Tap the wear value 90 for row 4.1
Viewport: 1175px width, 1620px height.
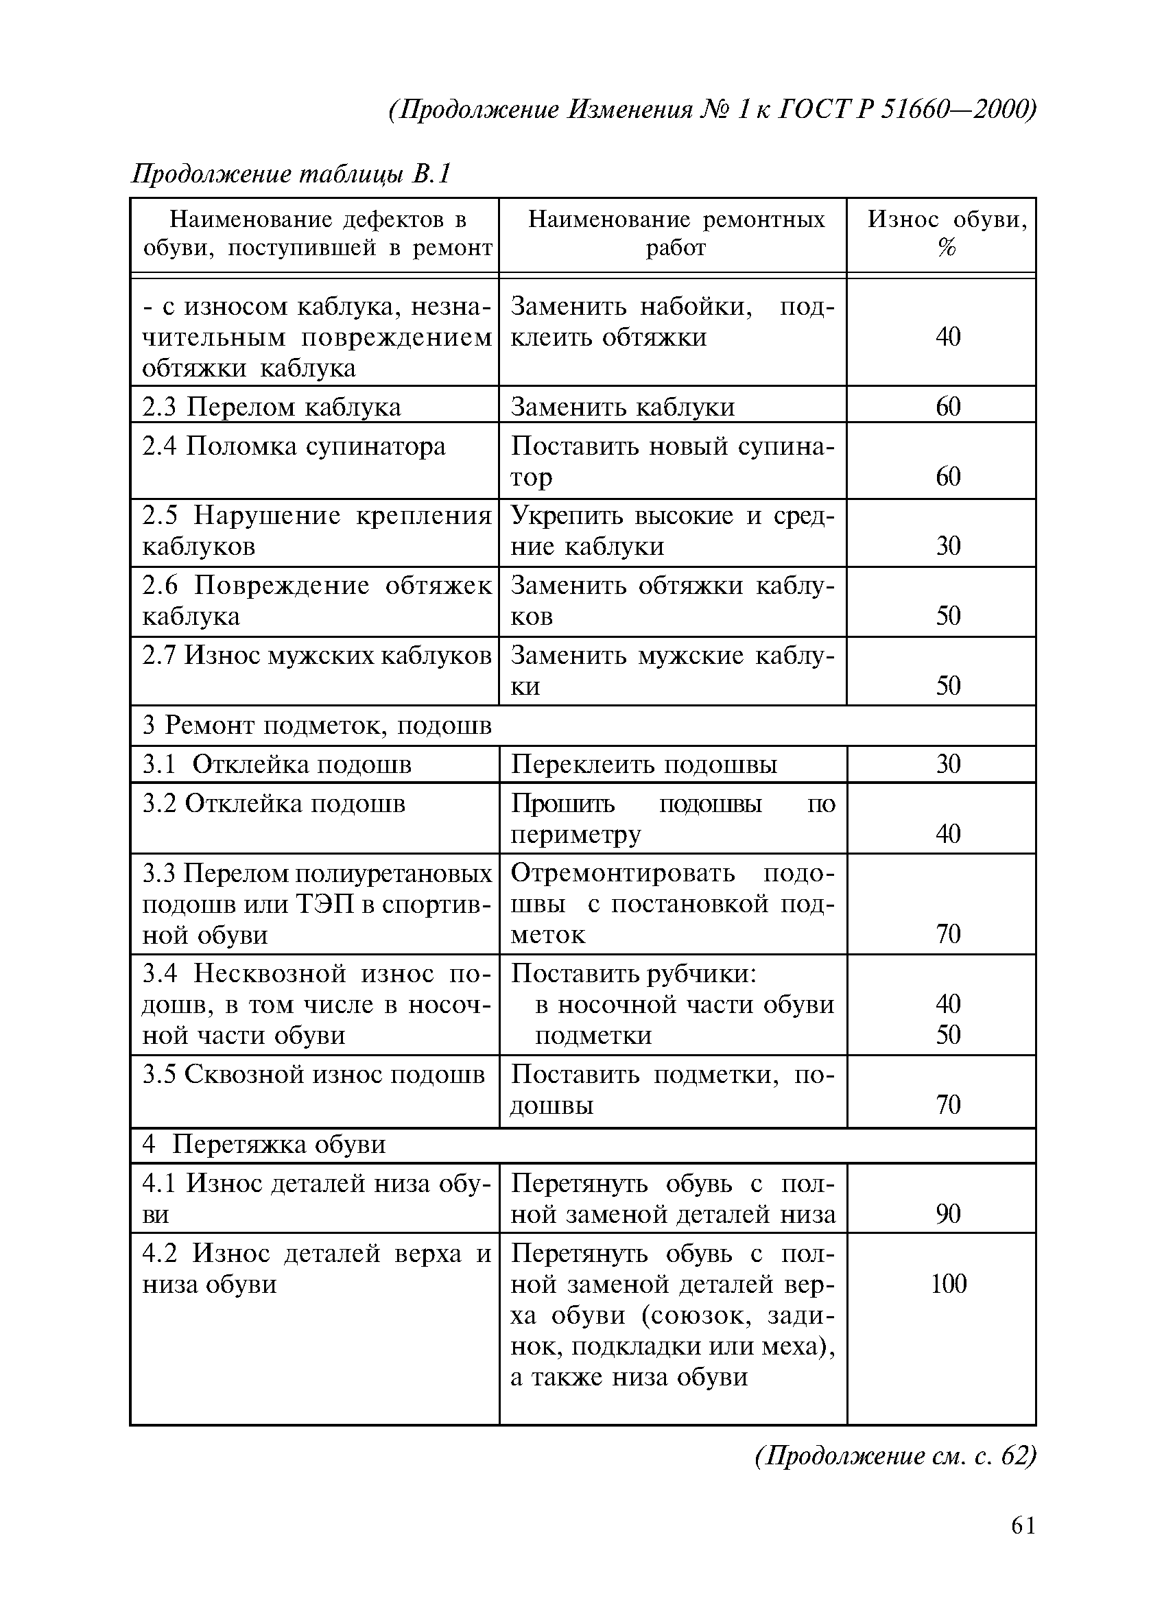(948, 1213)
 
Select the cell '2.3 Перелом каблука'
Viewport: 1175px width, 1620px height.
(272, 407)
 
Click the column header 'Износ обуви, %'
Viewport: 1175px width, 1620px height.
(947, 234)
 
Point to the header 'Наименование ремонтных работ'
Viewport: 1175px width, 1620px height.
(676, 234)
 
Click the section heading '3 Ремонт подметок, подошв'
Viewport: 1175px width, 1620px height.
(317, 725)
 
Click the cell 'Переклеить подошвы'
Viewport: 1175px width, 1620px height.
(643, 764)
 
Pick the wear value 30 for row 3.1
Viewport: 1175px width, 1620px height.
(948, 764)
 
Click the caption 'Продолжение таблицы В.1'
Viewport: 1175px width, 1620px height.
(291, 174)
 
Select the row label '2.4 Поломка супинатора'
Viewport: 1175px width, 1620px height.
(294, 446)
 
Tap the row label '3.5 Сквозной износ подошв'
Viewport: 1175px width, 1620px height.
(313, 1074)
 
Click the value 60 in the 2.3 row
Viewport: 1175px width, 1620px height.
(948, 407)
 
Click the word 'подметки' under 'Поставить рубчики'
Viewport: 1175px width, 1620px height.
(593, 1035)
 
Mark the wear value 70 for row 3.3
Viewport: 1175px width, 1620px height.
(948, 933)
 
